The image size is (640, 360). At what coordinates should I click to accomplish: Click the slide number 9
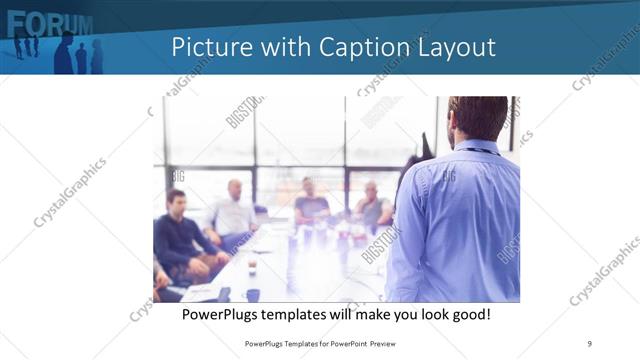click(590, 343)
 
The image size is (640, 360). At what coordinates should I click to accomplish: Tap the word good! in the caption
click(469, 314)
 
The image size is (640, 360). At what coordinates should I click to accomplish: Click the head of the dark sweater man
click(176, 200)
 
